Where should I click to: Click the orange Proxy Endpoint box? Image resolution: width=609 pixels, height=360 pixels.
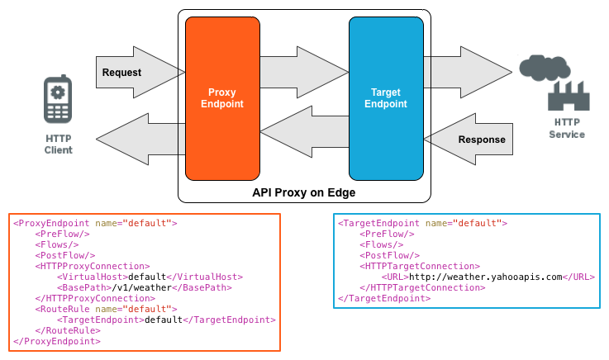click(221, 97)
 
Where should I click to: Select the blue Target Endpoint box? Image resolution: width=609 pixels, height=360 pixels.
click(386, 97)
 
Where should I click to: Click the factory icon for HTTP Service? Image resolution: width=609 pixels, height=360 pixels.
click(569, 96)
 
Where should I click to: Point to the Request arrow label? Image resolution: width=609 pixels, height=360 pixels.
click(121, 73)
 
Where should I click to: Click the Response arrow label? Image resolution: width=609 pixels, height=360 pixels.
click(481, 140)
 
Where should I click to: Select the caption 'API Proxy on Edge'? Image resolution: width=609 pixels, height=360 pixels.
click(303, 192)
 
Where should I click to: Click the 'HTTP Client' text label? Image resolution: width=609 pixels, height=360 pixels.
click(58, 143)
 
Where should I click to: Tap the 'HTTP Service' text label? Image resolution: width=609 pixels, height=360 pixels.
click(566, 128)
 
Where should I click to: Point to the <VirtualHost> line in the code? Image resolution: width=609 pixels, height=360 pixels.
click(149, 277)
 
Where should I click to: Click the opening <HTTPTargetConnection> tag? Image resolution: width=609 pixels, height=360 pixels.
click(421, 266)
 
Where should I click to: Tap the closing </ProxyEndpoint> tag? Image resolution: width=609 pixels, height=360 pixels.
click(57, 341)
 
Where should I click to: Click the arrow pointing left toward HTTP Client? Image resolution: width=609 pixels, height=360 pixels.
click(140, 138)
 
